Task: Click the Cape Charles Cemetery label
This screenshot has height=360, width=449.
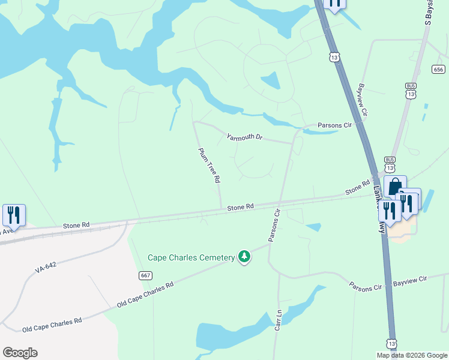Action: click(x=191, y=258)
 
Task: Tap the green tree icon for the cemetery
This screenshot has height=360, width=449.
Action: click(x=244, y=257)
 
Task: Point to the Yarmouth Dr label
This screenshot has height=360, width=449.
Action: click(x=245, y=137)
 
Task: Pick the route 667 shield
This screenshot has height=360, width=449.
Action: click(x=145, y=275)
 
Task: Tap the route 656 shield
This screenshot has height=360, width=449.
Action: click(x=440, y=69)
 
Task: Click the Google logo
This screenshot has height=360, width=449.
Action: click(x=20, y=353)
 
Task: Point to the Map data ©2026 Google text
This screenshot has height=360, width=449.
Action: click(x=412, y=355)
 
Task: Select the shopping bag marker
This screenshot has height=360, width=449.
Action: click(x=394, y=186)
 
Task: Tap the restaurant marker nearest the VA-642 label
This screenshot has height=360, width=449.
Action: click(x=13, y=215)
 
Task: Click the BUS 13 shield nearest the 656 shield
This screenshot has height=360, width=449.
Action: click(x=411, y=91)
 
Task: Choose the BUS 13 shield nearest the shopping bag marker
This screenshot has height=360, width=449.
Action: click(x=390, y=164)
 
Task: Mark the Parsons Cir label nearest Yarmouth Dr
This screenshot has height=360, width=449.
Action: click(x=335, y=125)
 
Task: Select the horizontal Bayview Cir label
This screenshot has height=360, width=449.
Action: click(x=409, y=280)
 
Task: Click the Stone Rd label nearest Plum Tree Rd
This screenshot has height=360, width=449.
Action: click(x=241, y=207)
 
